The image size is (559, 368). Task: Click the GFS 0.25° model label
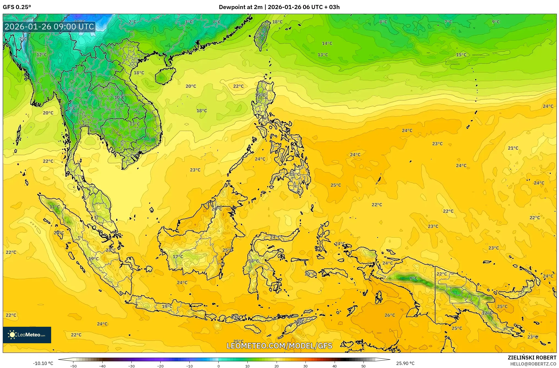point(17,7)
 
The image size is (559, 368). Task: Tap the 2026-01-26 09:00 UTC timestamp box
point(49,27)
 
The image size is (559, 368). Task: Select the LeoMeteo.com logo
point(27,335)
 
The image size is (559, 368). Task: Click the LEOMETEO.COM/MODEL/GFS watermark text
point(279,346)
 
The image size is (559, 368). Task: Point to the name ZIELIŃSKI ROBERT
point(532,358)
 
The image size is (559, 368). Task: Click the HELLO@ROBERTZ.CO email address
point(533,364)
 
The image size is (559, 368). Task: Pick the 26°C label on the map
point(390,315)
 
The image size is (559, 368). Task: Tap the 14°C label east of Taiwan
point(327,43)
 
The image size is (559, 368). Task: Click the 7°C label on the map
point(448,22)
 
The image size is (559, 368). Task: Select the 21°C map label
point(513,148)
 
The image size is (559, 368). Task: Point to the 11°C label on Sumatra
point(54,207)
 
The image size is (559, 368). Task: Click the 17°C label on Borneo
point(178,257)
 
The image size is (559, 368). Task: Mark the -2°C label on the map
point(23,39)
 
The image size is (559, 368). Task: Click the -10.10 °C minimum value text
point(43,363)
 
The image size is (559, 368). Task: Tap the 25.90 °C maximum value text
point(405,363)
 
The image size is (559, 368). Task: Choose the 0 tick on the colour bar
point(219,366)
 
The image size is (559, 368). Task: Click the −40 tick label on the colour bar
point(102,366)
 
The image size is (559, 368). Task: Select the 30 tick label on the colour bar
point(305,366)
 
